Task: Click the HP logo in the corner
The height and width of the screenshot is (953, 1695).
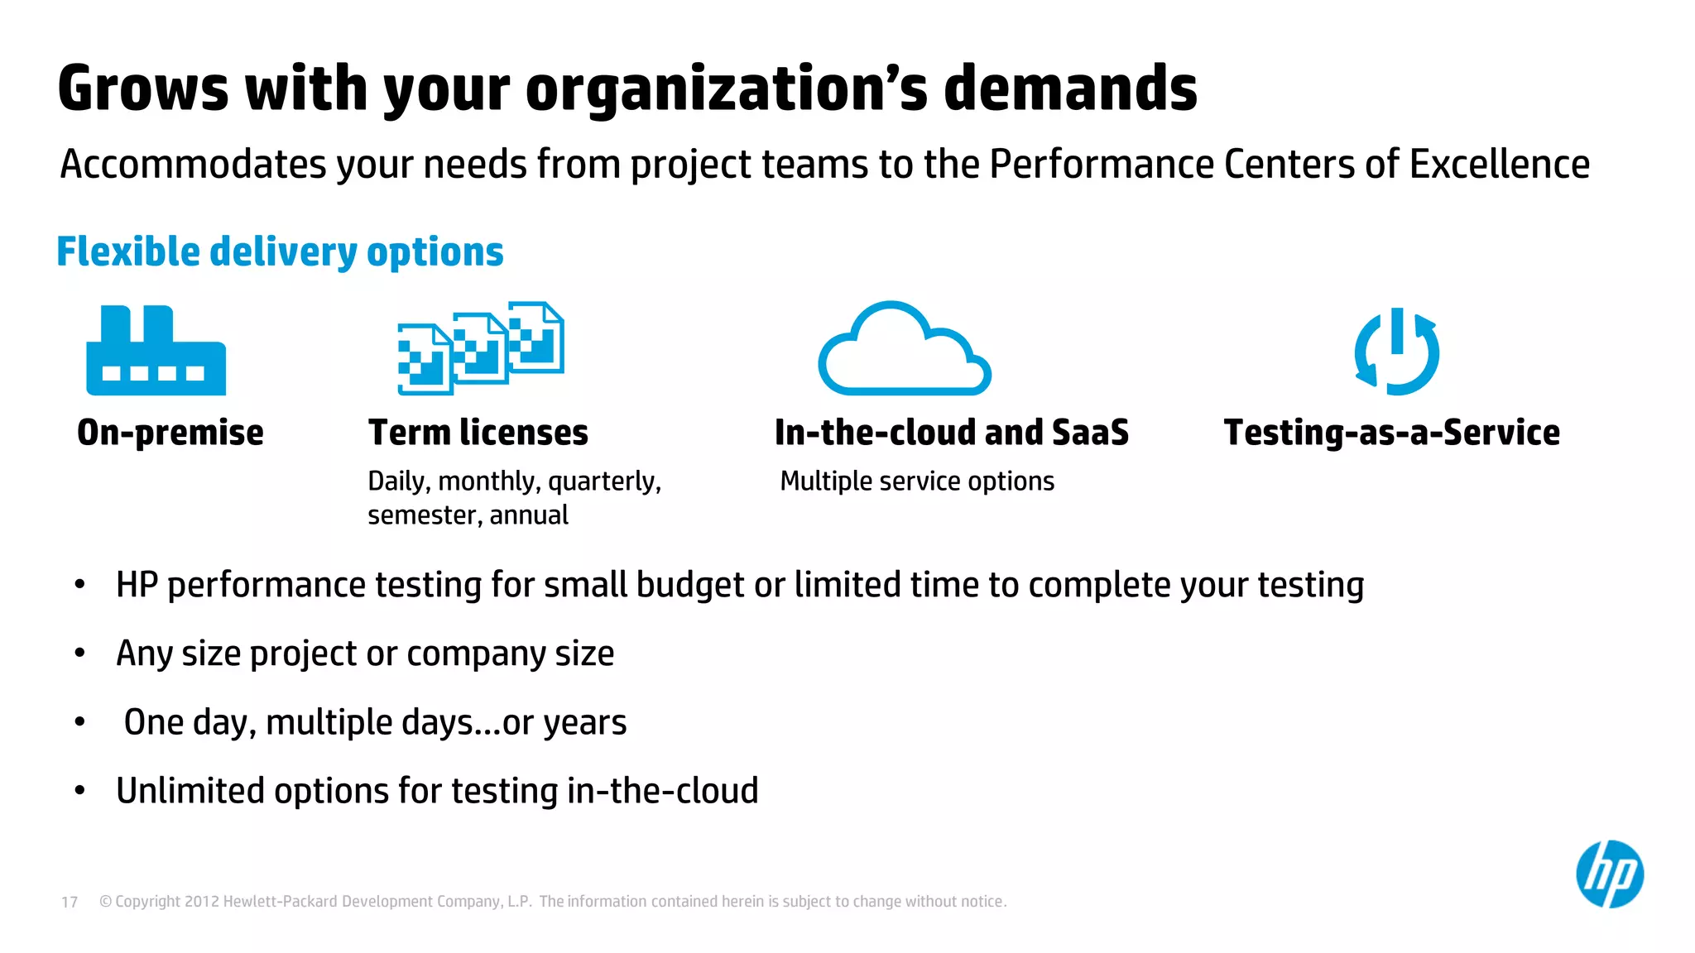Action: pos(1609,874)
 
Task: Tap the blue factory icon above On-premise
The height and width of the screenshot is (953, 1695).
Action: pos(156,352)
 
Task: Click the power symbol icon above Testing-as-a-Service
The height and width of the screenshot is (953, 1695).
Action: pos(1397,352)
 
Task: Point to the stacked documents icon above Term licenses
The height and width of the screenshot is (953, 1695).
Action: pos(481,347)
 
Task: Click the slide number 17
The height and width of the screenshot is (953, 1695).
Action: pos(70,902)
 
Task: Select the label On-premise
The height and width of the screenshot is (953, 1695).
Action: pos(170,433)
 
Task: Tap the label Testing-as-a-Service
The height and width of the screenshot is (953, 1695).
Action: pos(1391,433)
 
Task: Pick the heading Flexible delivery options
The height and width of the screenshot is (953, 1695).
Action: pos(280,251)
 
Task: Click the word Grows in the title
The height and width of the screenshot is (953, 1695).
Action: pos(142,89)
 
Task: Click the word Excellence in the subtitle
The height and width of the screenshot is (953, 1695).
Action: pos(1499,164)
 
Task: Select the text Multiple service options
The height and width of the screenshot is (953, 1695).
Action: pos(917,481)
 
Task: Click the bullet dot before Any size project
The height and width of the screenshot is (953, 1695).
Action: pos(79,654)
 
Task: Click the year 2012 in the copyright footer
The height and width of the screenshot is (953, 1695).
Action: pos(201,902)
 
